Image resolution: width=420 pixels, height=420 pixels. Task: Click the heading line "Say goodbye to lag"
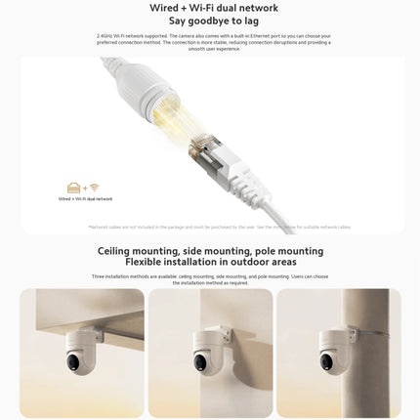(x=210, y=20)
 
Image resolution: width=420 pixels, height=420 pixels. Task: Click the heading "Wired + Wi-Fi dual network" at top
(x=210, y=8)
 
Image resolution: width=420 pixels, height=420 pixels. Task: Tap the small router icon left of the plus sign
(x=73, y=188)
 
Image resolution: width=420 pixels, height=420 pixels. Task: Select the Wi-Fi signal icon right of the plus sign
(x=95, y=188)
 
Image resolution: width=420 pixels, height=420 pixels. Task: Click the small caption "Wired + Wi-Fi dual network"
(x=85, y=198)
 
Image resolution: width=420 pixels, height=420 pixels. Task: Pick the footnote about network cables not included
(x=219, y=227)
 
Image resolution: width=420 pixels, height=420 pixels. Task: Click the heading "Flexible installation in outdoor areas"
(x=210, y=262)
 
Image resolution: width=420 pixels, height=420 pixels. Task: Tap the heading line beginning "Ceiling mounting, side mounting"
(x=210, y=250)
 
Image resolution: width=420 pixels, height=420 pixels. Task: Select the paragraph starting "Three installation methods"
(x=210, y=279)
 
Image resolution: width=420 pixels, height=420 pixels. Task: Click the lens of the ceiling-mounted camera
(x=72, y=363)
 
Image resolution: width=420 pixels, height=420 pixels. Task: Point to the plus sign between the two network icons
(x=84, y=188)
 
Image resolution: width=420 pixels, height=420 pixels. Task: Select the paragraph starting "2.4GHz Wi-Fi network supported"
(x=210, y=43)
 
